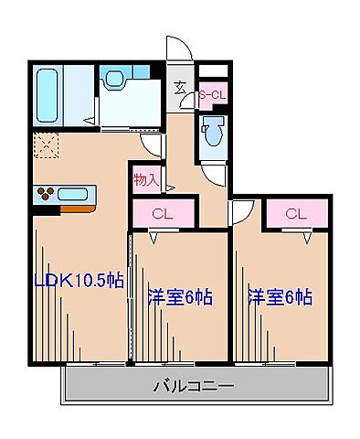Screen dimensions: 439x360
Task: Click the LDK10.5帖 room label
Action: click(x=79, y=281)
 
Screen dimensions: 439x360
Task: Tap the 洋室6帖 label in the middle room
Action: click(x=180, y=296)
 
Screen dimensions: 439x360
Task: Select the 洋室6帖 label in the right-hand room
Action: click(x=281, y=296)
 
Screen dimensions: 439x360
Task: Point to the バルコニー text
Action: click(x=193, y=386)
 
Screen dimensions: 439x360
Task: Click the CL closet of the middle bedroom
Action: click(x=163, y=214)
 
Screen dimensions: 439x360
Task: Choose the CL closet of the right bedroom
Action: click(x=294, y=214)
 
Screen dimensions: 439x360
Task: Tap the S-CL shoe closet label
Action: click(x=212, y=93)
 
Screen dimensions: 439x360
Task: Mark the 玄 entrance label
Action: click(x=180, y=88)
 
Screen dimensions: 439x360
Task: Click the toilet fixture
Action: click(x=213, y=133)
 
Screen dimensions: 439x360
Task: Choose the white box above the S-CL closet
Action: click(x=212, y=70)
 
